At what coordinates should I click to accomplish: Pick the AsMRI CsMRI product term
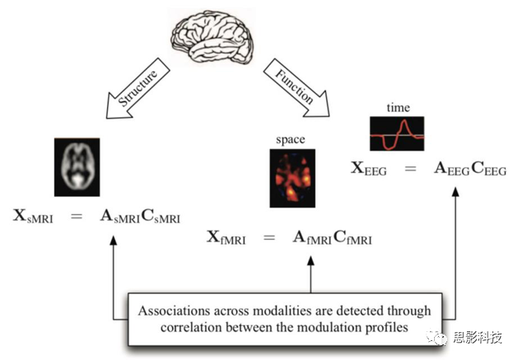coord(141,217)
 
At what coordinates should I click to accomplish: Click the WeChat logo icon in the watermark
coord(437,336)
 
